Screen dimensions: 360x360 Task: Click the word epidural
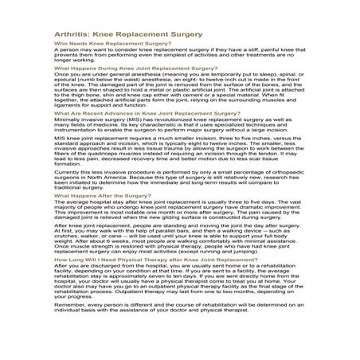[68, 86]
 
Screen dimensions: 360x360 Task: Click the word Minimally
[68, 119]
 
